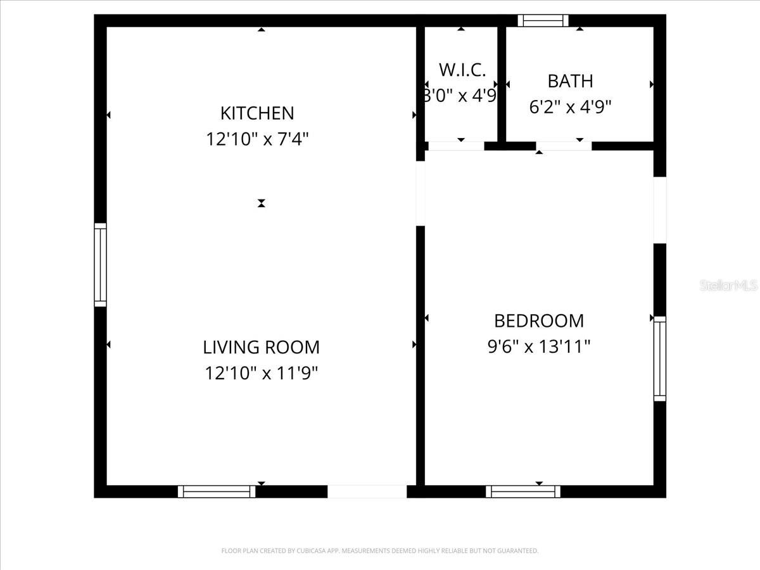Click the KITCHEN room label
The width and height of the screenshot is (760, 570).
click(x=257, y=113)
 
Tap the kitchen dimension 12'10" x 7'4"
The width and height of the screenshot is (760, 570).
click(x=257, y=139)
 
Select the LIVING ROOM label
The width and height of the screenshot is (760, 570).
click(x=261, y=347)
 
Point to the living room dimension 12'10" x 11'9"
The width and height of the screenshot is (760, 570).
click(x=261, y=373)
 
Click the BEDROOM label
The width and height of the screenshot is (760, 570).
click(x=539, y=320)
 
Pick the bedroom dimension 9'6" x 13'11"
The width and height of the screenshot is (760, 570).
click(x=539, y=346)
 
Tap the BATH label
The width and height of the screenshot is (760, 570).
click(x=570, y=81)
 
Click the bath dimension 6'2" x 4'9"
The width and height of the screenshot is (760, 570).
click(x=570, y=107)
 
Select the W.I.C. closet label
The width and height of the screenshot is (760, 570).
click(x=462, y=70)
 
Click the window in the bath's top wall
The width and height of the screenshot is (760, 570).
click(x=543, y=21)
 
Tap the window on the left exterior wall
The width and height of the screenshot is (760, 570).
click(x=100, y=265)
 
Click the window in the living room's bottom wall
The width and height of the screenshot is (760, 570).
click(x=217, y=491)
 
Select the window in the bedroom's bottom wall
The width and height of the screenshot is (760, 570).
click(x=523, y=491)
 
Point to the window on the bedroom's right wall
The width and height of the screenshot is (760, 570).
click(x=659, y=358)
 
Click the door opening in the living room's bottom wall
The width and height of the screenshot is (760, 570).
click(x=367, y=491)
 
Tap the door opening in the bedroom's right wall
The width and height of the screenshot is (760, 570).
click(x=659, y=210)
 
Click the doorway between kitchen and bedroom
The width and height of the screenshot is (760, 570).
click(x=420, y=193)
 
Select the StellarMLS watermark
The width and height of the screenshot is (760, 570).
click(x=728, y=285)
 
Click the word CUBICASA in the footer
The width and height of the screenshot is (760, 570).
click(x=314, y=551)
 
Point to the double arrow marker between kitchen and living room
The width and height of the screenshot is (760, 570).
click(x=261, y=203)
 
